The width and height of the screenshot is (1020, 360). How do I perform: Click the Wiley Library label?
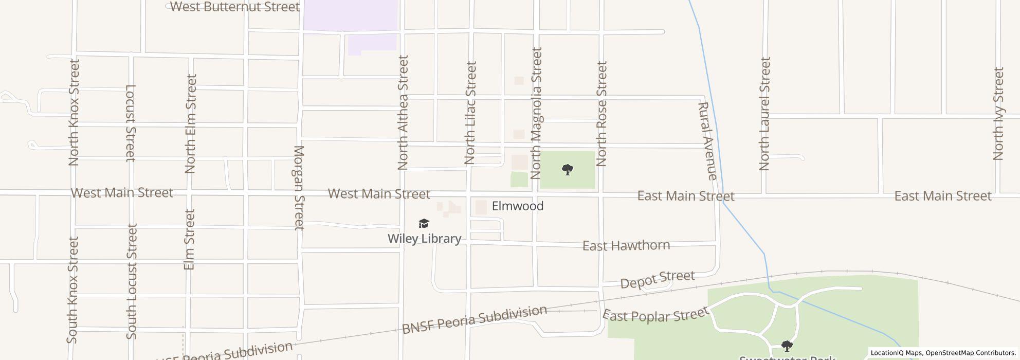[424, 239]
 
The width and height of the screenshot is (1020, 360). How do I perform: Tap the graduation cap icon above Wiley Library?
[424, 223]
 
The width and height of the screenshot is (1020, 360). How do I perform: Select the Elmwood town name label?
[517, 206]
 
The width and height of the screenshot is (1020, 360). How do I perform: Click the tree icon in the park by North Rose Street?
[567, 170]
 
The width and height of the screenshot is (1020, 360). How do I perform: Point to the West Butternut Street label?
[235, 7]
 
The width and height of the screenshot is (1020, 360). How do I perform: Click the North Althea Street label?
[403, 113]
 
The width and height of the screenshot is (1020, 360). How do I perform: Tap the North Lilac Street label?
[470, 113]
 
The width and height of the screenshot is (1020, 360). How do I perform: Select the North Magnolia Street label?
[537, 113]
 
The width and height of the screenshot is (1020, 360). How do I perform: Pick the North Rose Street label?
[602, 114]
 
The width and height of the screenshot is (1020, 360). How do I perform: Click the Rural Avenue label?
[707, 141]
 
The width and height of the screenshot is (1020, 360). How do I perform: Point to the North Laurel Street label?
[765, 114]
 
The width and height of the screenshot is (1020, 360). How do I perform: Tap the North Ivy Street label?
[998, 114]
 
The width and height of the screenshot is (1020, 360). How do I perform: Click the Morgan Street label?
[299, 188]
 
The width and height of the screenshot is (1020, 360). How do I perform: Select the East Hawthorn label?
[626, 246]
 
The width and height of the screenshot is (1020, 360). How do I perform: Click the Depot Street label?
[658, 280]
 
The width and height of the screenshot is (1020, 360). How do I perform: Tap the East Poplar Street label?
[655, 315]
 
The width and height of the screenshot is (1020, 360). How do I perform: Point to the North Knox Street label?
[74, 113]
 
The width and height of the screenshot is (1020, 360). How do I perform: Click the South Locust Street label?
[132, 281]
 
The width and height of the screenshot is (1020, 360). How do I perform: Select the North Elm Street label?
[191, 124]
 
